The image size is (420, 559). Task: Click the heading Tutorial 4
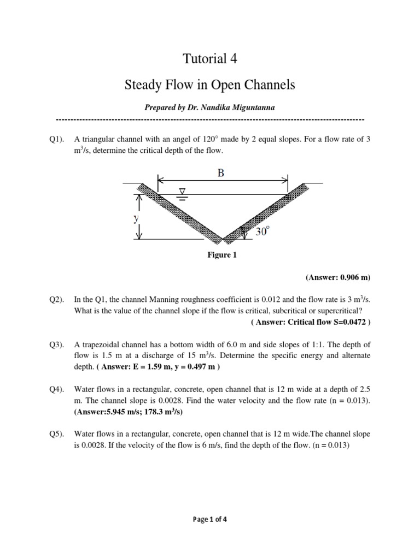click(x=209, y=58)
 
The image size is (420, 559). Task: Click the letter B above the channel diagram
click(x=220, y=173)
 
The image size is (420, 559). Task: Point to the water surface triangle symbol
click(x=183, y=192)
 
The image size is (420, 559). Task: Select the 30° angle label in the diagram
click(x=263, y=231)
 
